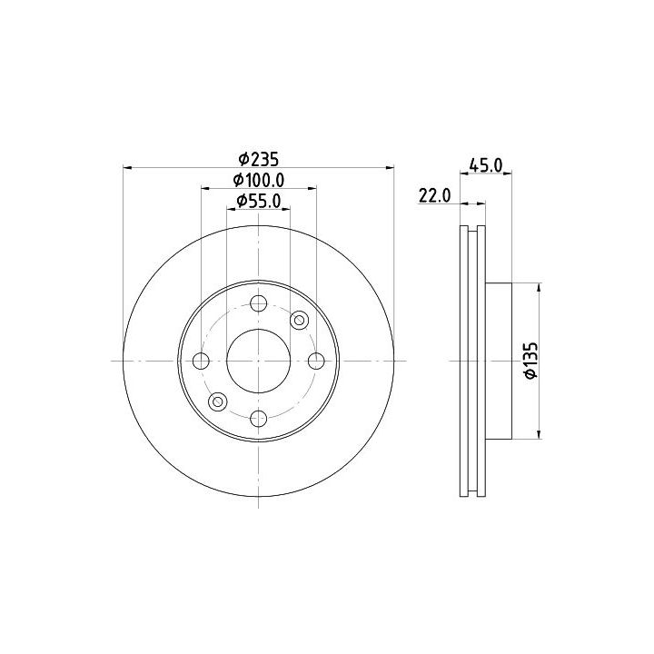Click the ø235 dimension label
[x=258, y=159]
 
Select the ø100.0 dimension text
[x=259, y=180]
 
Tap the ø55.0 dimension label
[x=259, y=202]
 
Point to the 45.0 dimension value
[x=486, y=165]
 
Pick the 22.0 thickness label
[x=434, y=195]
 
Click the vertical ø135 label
[x=531, y=361]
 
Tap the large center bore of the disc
[x=259, y=361]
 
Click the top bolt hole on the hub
[x=259, y=303]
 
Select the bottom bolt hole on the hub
[x=259, y=419]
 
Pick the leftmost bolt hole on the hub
[x=201, y=361]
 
